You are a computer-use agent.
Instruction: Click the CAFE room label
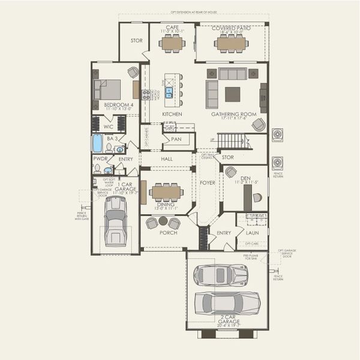point(172,27)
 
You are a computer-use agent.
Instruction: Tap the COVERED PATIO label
point(231,27)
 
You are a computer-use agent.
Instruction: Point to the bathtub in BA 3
point(97,143)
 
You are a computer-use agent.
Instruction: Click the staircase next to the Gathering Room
point(232,142)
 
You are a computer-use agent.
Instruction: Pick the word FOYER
point(207,183)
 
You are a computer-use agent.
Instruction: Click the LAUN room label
point(253,233)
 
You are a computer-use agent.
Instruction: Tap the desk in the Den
point(257,197)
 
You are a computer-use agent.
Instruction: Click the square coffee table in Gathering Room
point(232,94)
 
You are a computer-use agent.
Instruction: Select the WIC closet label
point(108,127)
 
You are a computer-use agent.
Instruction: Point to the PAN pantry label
point(176,139)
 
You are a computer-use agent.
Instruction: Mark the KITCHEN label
point(172,114)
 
